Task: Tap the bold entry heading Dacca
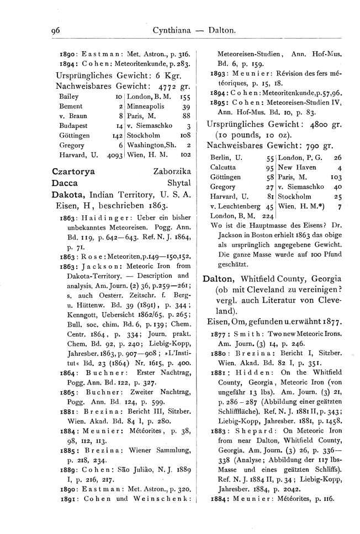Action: (64, 183)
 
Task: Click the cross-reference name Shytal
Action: (179, 183)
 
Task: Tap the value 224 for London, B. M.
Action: (267, 216)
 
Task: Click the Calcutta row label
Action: (223, 167)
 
